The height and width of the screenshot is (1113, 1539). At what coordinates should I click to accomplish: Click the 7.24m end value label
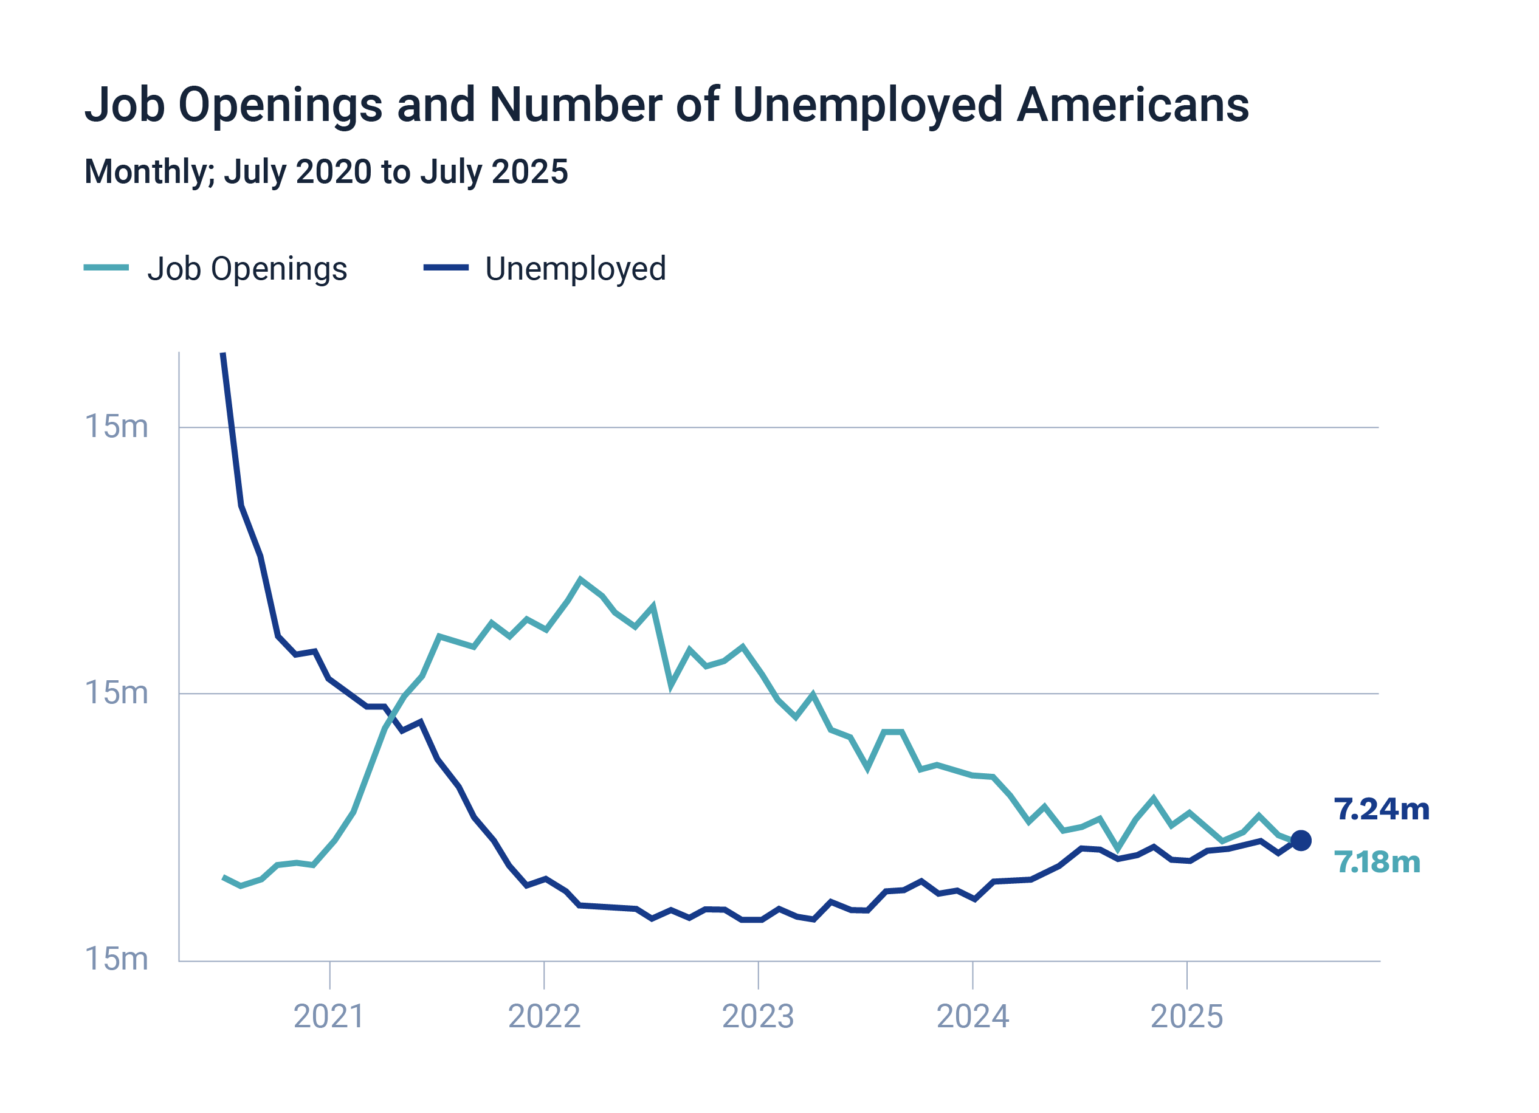(1381, 810)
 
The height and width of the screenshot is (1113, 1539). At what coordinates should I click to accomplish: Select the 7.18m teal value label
(1377, 863)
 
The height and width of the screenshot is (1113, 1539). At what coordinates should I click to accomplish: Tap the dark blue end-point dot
(1301, 841)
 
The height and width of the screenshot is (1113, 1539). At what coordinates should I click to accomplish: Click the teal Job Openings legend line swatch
(106, 267)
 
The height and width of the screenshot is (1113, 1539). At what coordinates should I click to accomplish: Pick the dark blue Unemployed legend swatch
(446, 267)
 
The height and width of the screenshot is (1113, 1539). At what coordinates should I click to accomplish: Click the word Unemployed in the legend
(576, 269)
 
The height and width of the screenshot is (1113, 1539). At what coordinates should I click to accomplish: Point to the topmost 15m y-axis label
(116, 427)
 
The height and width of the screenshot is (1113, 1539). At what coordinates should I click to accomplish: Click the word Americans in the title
(1132, 105)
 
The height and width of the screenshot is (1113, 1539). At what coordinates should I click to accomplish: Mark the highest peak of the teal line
(580, 579)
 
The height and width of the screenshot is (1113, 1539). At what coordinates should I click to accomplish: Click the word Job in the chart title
(125, 105)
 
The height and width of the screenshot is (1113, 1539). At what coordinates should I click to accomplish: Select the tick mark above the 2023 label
(758, 975)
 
